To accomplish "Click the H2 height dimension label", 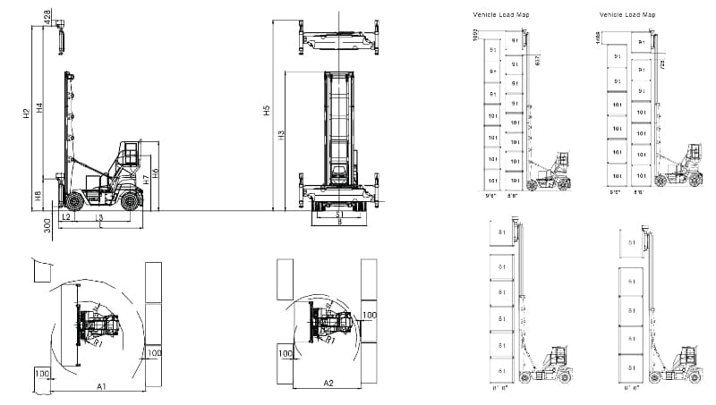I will pos(27,113).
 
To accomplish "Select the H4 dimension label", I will pos(39,107).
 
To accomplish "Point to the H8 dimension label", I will pos(39,196).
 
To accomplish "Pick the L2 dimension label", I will pos(66,217).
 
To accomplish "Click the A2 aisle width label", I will pos(328,384).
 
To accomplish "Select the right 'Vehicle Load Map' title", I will pos(627,15).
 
